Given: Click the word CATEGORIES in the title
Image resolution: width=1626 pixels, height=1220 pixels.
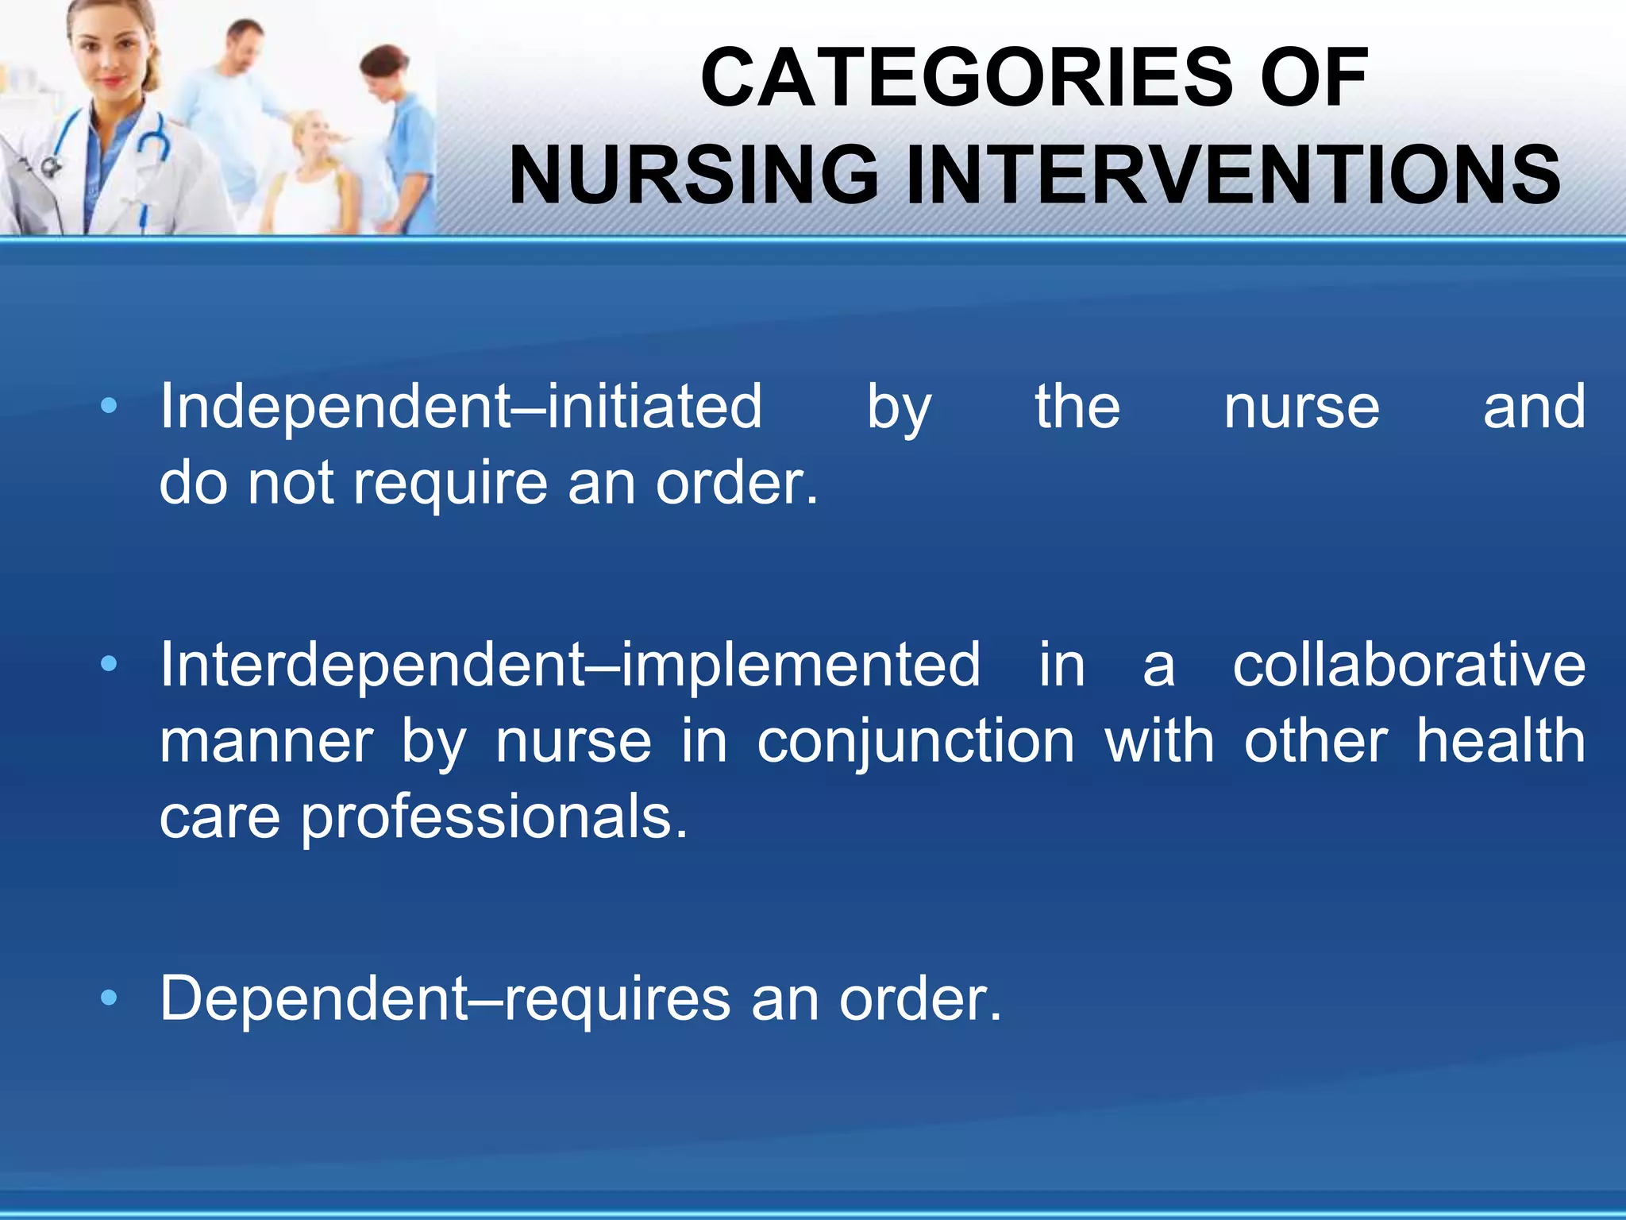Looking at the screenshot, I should point(965,78).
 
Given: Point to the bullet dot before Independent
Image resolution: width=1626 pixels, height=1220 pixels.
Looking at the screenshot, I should point(110,407).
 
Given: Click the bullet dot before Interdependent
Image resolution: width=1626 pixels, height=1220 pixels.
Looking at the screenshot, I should point(110,662).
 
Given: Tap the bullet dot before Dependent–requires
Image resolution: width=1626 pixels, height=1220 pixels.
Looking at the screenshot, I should point(110,998).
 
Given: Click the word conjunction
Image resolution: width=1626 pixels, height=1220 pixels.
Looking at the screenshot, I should point(915,742).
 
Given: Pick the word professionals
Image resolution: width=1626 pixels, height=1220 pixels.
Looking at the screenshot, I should point(494,818).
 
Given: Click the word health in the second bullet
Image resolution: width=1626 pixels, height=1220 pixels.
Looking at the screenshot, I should point(1501,740).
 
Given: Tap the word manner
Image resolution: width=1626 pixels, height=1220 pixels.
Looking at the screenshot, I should point(266,742).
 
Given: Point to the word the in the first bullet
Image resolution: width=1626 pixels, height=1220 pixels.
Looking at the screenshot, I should point(1077,407).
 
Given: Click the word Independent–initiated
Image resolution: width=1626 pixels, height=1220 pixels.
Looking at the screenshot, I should point(460,407).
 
